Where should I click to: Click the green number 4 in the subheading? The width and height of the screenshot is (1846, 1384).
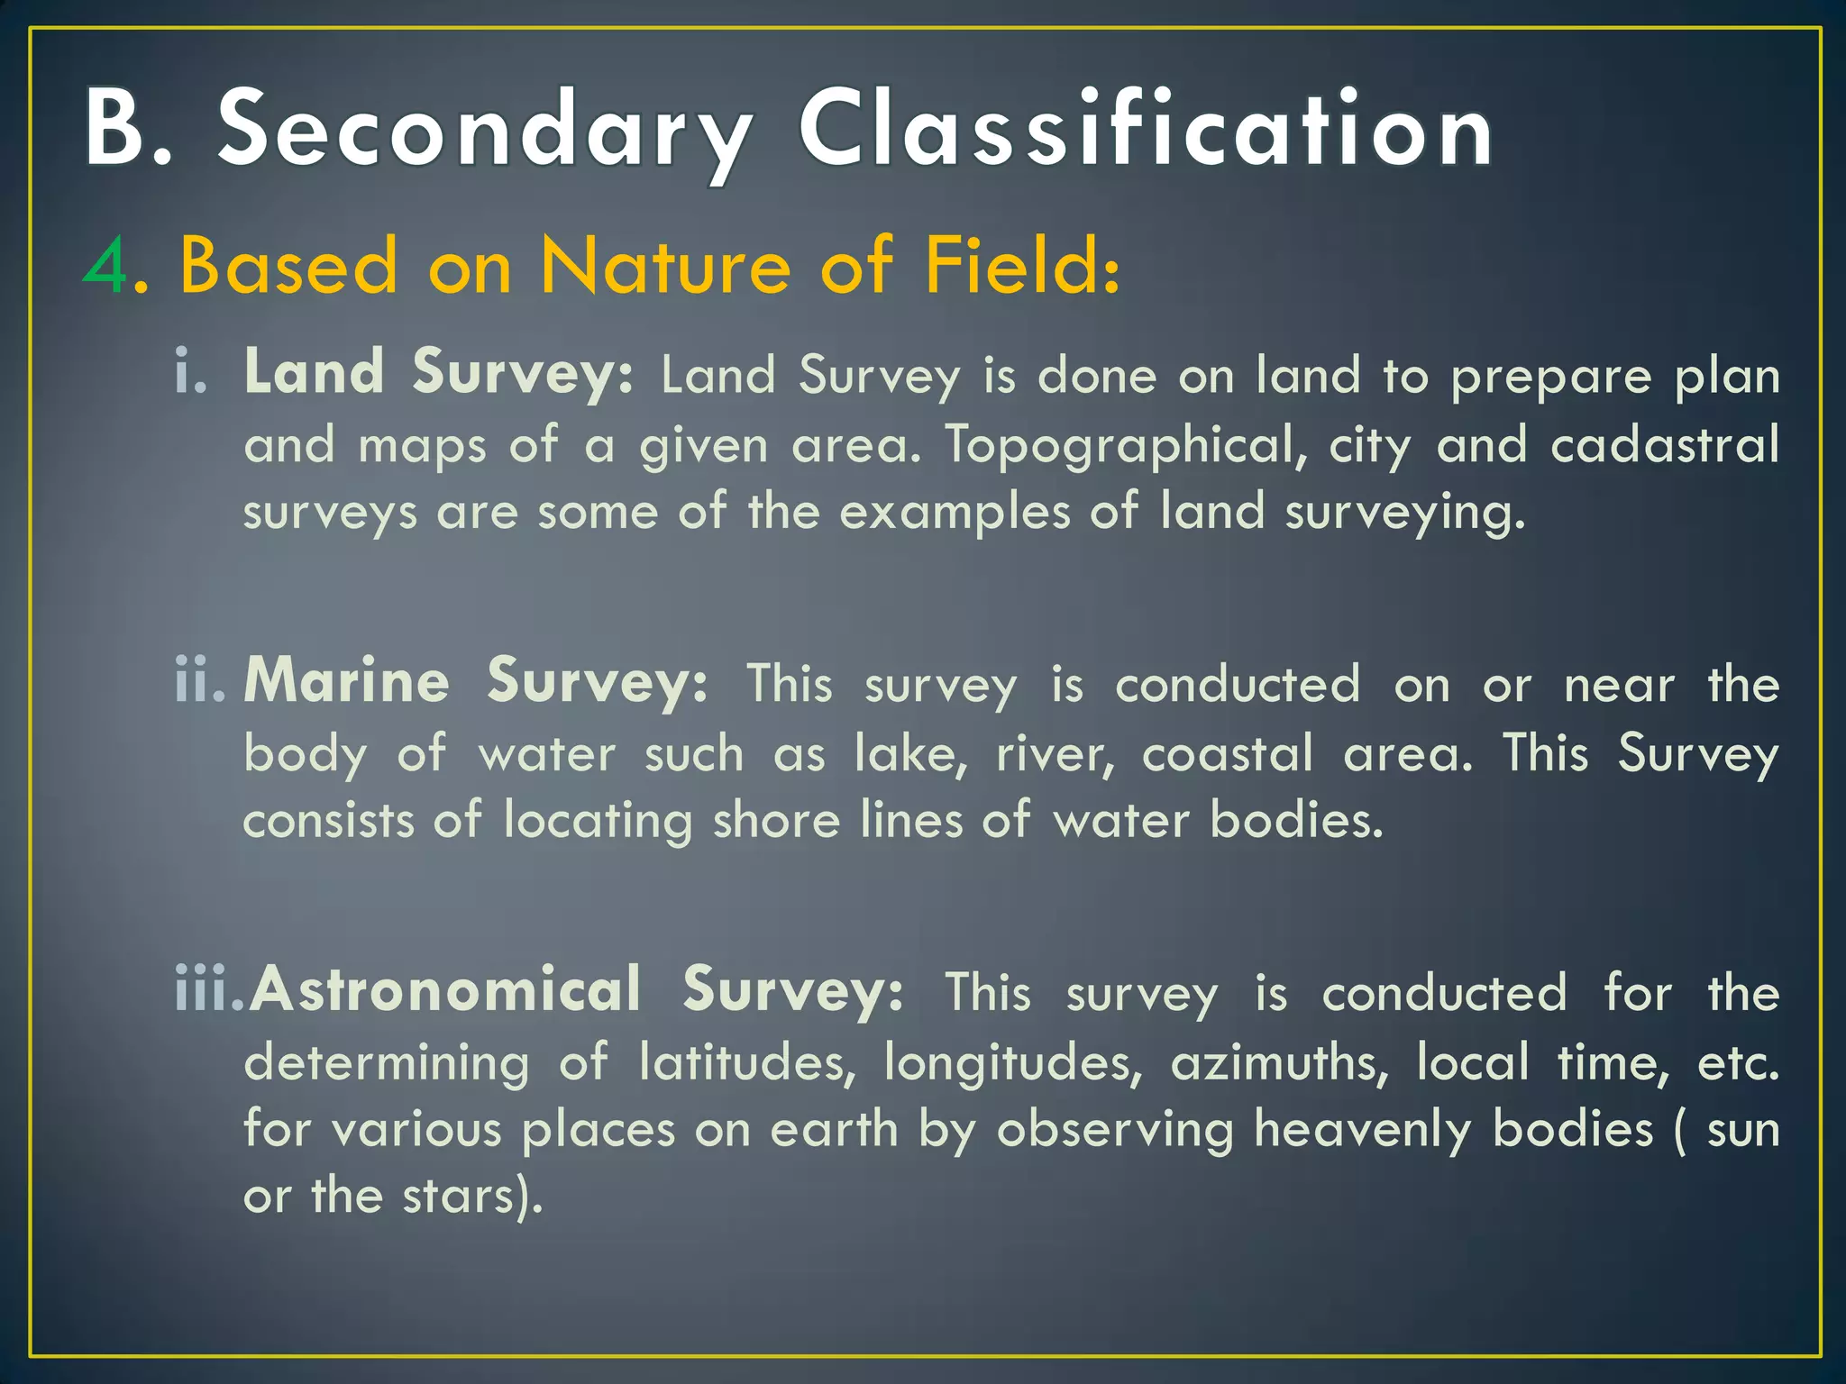point(107,267)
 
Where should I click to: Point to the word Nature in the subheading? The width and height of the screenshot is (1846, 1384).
point(665,267)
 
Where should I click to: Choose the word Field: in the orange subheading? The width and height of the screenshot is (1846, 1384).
point(1022,267)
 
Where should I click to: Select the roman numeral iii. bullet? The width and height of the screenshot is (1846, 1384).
point(208,991)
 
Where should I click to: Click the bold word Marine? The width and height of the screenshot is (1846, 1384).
point(347,681)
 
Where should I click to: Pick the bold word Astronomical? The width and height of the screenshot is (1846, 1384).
point(446,991)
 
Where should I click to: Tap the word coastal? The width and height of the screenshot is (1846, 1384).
point(1228,753)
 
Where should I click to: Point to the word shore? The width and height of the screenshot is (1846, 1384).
point(776,821)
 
